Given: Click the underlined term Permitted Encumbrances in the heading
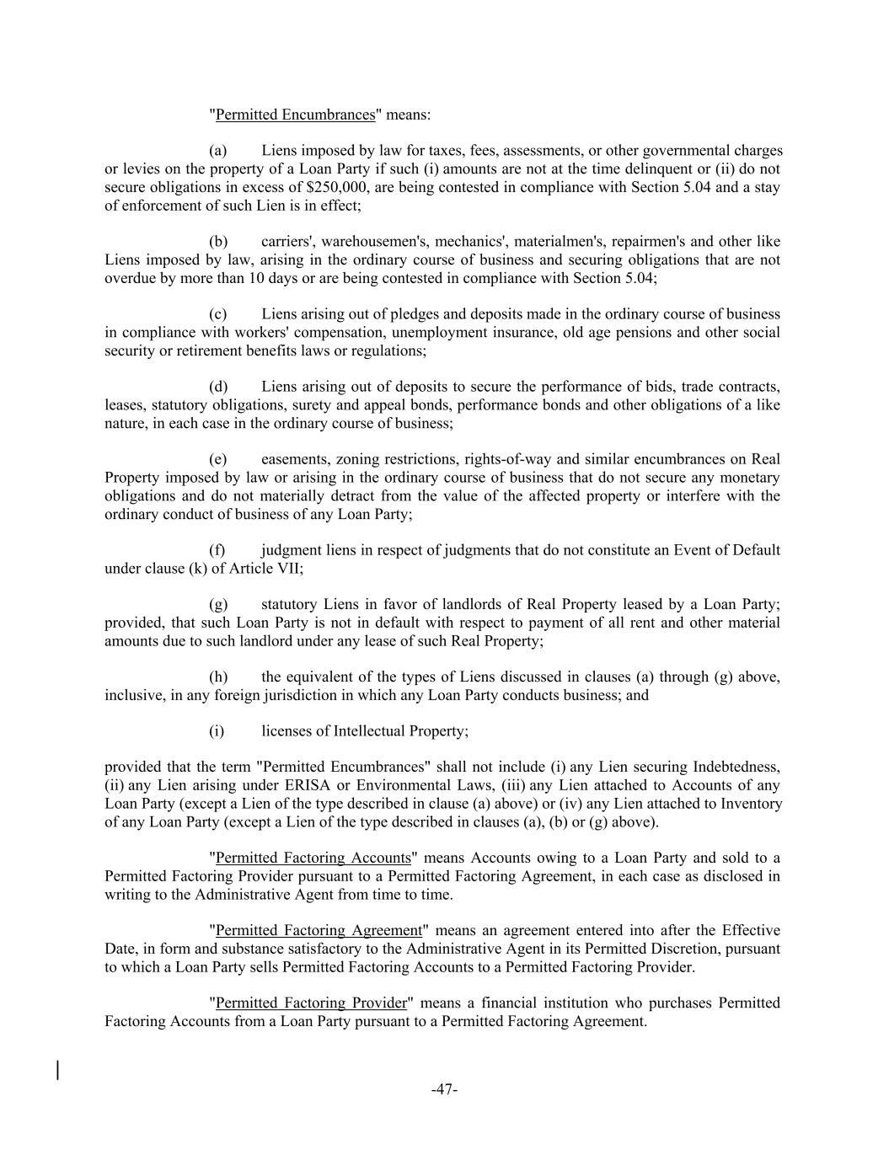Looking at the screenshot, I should [x=295, y=115].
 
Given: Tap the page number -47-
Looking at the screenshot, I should [x=444, y=1089].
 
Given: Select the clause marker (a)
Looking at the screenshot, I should [x=218, y=151].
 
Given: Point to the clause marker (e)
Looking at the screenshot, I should [x=218, y=459].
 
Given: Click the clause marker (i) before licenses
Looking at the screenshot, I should [x=217, y=731].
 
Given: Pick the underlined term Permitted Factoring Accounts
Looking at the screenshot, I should [x=313, y=858].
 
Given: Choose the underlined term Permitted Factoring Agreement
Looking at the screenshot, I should [x=319, y=930].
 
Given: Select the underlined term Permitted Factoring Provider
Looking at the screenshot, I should [x=312, y=1003].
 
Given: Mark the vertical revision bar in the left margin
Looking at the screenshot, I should [x=57, y=1070].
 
